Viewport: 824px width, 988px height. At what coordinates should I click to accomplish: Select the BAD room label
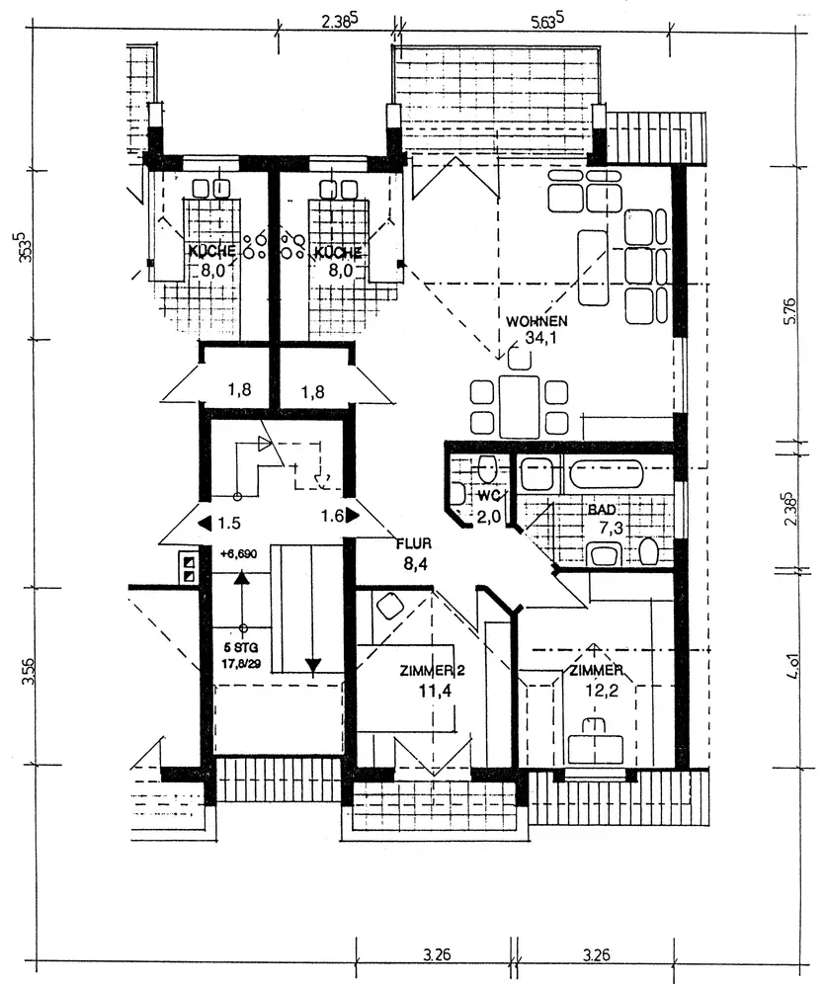(x=602, y=510)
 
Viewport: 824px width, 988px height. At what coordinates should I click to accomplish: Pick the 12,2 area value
(x=595, y=691)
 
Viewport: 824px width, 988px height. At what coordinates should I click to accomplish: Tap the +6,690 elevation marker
(x=239, y=555)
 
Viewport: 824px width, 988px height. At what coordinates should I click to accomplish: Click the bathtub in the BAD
(x=606, y=473)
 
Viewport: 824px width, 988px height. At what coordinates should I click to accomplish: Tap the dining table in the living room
(x=519, y=405)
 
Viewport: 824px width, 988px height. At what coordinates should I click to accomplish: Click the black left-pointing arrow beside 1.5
(x=205, y=523)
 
